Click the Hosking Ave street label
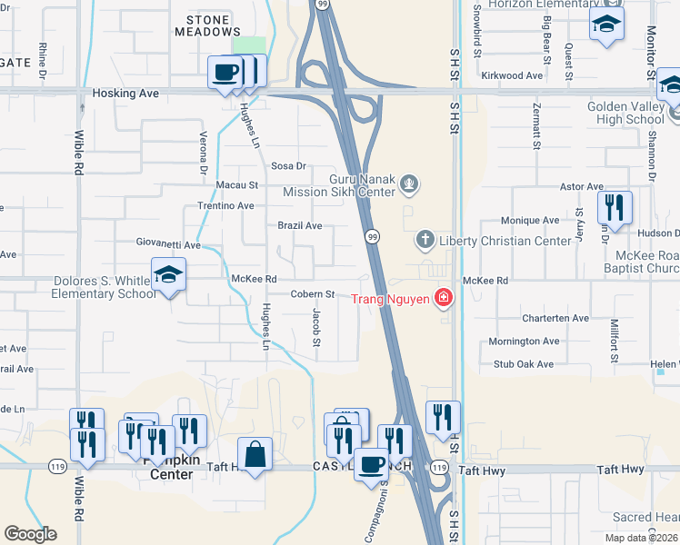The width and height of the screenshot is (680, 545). [125, 94]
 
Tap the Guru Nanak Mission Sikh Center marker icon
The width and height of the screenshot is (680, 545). [410, 185]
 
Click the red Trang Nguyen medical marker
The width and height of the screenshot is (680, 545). [443, 297]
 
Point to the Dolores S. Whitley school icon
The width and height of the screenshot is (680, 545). [168, 275]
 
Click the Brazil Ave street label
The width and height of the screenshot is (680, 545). [300, 225]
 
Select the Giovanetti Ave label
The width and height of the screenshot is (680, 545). [168, 245]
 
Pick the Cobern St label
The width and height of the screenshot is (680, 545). [314, 294]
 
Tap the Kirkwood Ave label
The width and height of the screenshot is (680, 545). [512, 75]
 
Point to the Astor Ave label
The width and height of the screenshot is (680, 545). [582, 187]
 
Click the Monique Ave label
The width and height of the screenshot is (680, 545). [530, 221]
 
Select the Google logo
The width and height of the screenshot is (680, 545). [30, 534]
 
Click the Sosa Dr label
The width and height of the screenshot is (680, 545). [289, 166]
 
